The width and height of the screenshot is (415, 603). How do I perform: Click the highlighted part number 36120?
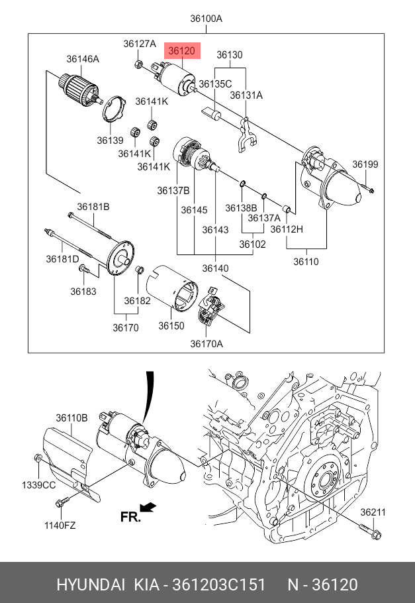[182, 51]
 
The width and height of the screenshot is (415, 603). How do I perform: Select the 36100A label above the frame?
[206, 19]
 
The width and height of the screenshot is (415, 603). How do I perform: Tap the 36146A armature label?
[83, 59]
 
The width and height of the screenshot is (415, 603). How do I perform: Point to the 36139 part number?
[110, 140]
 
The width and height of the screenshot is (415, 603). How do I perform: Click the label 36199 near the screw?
[365, 164]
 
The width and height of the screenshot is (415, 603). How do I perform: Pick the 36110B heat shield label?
[71, 417]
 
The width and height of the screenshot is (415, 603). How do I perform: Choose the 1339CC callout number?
[39, 485]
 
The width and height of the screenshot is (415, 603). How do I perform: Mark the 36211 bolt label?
[373, 512]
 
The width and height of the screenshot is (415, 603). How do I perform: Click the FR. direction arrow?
[148, 508]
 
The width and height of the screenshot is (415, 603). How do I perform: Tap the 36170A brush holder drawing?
[210, 306]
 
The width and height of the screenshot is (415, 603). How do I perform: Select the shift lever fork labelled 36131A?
[245, 135]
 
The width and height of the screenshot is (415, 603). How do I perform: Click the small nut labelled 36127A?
[139, 64]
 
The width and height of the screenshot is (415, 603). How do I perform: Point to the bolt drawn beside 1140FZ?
[62, 502]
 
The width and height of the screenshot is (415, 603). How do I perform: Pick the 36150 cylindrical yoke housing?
[172, 287]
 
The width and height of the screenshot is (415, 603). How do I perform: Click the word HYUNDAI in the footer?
[91, 584]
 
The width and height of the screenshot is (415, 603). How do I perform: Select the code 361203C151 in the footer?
[218, 584]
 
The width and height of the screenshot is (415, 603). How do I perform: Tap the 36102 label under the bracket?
[252, 245]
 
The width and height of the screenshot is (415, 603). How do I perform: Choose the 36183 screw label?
[83, 292]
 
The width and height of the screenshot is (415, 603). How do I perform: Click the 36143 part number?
[215, 230]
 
